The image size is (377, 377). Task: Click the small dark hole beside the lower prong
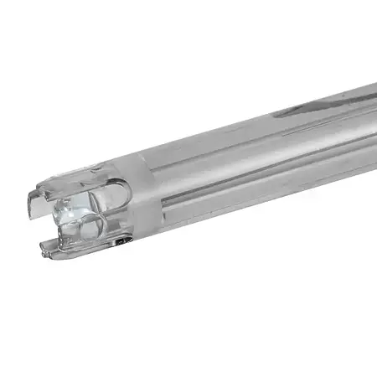click(123, 240)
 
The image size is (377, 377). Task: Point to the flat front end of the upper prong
click(31, 198)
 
